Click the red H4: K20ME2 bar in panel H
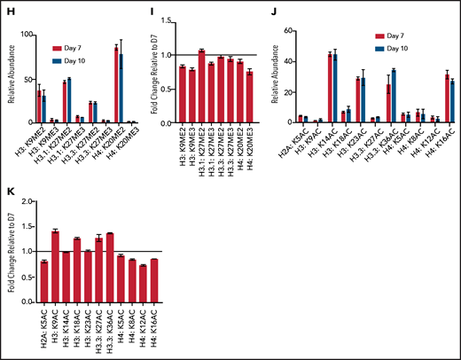(115, 97)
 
